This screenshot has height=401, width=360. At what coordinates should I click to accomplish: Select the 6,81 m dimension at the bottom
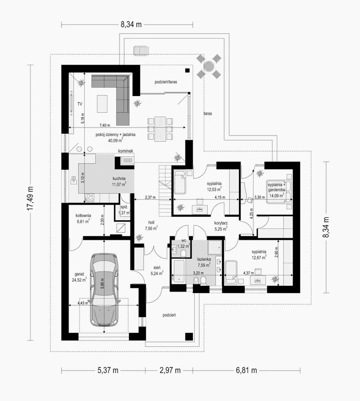246,370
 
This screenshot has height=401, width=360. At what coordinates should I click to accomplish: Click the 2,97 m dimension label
170,370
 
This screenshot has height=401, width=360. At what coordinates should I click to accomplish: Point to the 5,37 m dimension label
108,370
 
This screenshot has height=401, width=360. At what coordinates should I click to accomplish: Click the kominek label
126,151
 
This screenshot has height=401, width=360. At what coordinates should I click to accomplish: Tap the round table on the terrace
209,66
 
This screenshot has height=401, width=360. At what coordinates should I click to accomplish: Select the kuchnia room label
119,179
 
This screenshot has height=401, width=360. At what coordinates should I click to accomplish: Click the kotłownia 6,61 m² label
83,218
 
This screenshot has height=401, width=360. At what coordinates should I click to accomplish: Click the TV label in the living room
80,104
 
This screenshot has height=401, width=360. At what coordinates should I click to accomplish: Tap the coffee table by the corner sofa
102,104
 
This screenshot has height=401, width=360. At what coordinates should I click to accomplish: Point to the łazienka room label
204,259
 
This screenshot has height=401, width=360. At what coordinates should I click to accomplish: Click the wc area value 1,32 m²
184,246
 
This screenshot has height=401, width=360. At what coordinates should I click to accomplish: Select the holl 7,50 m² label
151,225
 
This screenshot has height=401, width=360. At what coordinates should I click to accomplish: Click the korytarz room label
221,223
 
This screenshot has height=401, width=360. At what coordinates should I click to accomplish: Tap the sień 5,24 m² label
157,270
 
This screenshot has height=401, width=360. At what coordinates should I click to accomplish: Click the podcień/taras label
166,82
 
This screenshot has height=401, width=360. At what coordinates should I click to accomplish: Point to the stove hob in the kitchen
90,198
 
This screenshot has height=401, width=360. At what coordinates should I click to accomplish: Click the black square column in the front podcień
189,336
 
